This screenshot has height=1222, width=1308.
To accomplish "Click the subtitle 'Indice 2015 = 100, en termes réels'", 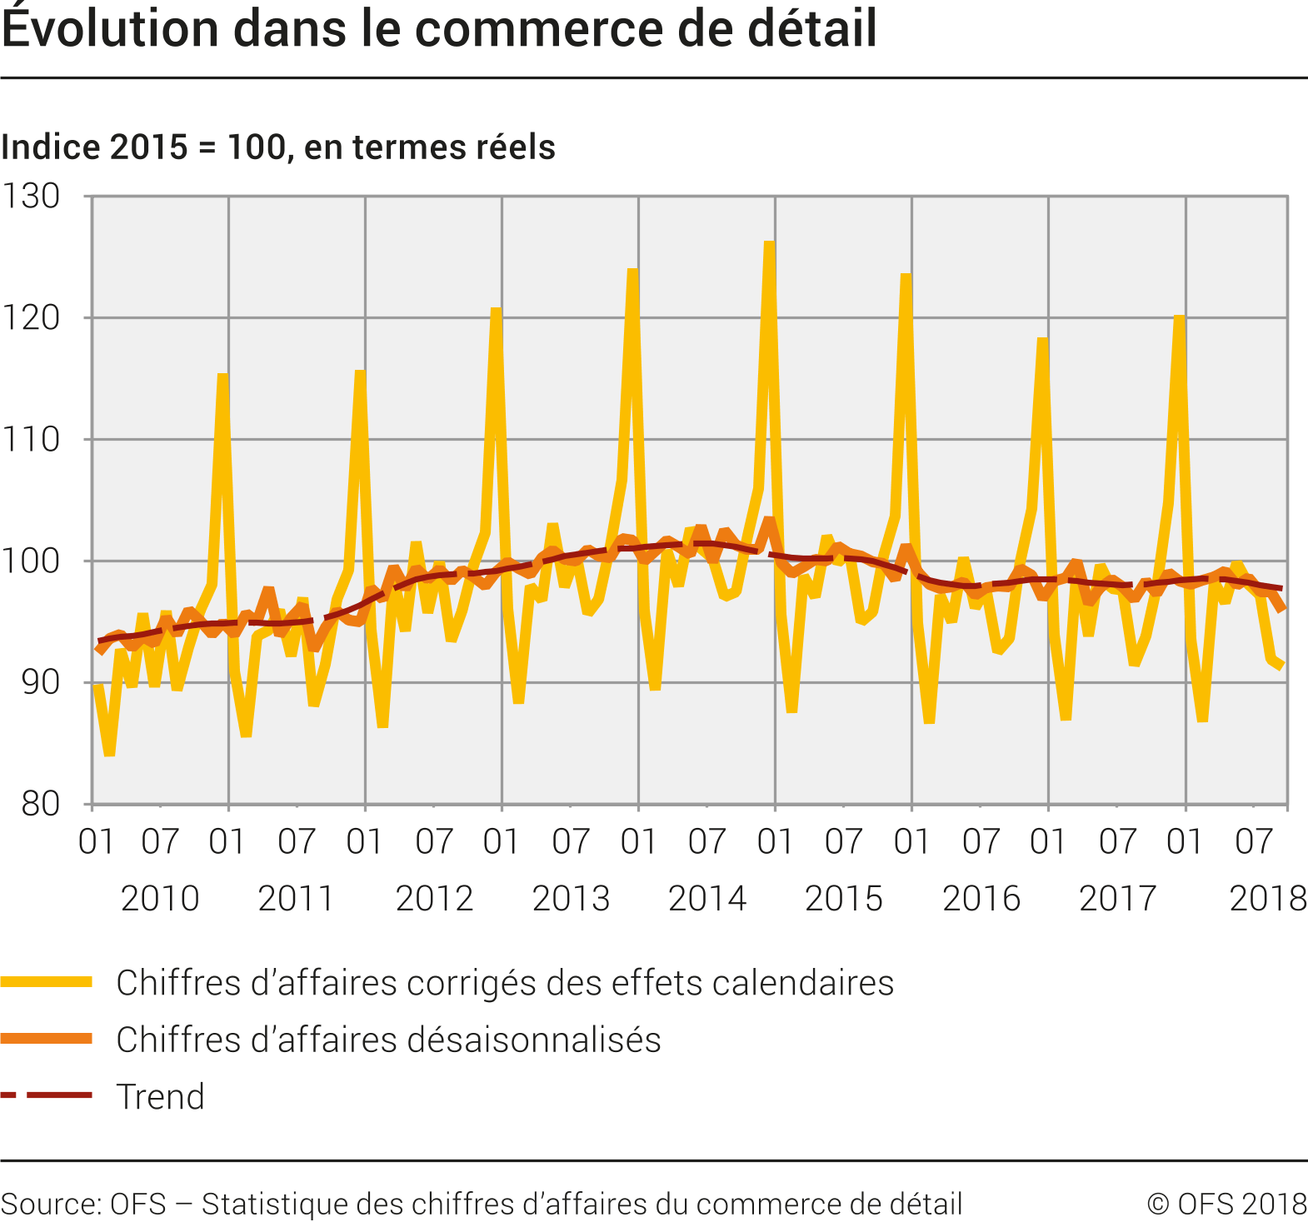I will [x=278, y=147].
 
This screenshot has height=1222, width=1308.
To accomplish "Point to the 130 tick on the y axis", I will [x=32, y=197].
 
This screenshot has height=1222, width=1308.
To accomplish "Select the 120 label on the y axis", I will [x=32, y=318].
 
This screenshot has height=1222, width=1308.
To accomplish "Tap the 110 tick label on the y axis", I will [x=32, y=440].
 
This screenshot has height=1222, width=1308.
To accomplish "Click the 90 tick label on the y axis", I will [x=40, y=683].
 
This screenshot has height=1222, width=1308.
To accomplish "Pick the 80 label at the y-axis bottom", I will [x=40, y=805].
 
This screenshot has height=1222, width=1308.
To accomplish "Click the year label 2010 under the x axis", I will [x=160, y=899].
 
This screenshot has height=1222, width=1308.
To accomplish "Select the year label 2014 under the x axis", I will [x=707, y=899].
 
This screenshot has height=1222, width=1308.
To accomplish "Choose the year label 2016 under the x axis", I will [x=981, y=899].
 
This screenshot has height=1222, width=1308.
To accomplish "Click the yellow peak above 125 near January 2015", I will [x=769, y=243].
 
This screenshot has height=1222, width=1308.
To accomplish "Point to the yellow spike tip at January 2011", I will [x=223, y=376].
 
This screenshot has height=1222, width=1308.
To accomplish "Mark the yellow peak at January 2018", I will [x=1179, y=317].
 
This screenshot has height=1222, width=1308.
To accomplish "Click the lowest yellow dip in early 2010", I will [x=109, y=754].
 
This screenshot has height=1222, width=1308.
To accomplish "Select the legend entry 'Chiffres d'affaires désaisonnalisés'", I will [x=388, y=1040].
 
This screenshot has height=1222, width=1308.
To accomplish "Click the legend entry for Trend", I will [x=160, y=1096].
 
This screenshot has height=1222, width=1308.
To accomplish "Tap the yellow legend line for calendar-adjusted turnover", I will [x=47, y=983].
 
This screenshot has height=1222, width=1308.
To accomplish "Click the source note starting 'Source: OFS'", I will [x=482, y=1205].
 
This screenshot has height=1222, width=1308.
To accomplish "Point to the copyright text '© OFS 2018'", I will [x=1226, y=1205].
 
